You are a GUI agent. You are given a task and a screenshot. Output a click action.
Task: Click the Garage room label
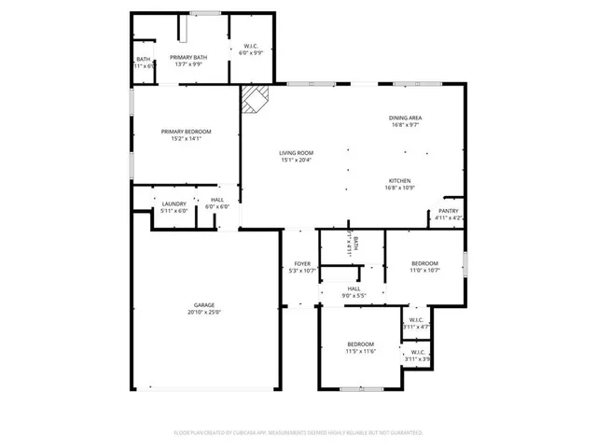coord(204,305)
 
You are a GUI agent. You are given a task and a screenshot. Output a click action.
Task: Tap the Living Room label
coord(297,153)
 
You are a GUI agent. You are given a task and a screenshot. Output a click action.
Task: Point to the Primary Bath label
coord(188,58)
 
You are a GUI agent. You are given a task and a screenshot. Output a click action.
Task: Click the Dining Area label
coord(406,118)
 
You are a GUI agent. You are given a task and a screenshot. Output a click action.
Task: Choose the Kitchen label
coord(399,181)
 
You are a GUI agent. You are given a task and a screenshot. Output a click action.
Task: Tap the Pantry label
coord(447,212)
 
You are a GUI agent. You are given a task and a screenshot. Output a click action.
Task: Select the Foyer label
coord(302,264)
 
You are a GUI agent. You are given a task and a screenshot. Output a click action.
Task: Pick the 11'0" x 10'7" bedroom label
coord(424,264)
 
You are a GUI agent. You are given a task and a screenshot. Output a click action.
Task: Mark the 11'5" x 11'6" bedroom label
coord(361,344)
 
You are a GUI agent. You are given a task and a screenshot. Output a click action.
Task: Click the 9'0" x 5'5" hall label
coord(354,289)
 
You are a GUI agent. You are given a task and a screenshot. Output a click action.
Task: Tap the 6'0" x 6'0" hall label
coord(217,200)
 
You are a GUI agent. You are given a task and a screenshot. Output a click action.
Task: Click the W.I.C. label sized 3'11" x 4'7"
coord(416,321)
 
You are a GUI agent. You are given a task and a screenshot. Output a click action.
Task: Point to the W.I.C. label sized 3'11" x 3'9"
coord(418,352)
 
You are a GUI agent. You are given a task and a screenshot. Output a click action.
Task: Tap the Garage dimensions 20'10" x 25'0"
coord(204,312)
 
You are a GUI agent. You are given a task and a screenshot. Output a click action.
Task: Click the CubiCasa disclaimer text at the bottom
coord(298,433)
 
